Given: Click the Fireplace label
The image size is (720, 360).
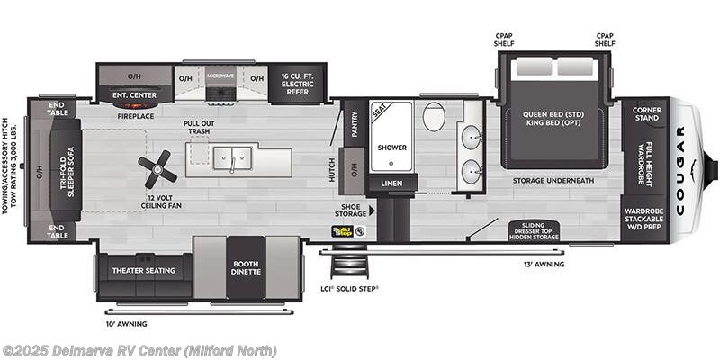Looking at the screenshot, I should point(134,115).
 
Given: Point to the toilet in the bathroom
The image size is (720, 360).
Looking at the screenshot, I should point(434,117).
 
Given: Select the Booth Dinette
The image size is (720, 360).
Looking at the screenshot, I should point(246,267).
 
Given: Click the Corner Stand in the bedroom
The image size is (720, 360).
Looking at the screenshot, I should point(645,114).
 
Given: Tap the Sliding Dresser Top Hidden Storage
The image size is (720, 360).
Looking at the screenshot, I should point(534,231).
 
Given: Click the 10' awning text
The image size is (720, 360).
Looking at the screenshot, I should point(125,323).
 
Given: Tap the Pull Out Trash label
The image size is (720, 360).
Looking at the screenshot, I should point(198,128).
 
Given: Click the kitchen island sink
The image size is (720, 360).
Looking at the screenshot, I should point(231,157).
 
